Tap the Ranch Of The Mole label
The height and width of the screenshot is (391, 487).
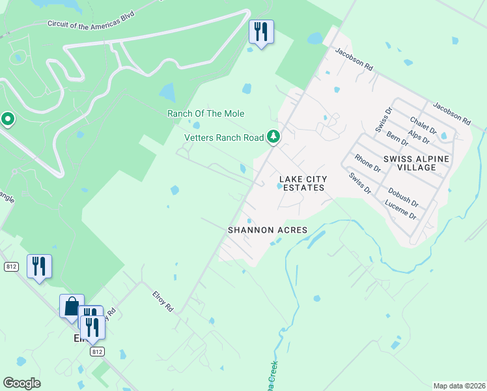(x=206, y=113)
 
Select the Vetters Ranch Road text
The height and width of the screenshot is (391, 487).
(x=224, y=137)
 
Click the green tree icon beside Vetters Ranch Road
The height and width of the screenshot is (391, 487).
(x=274, y=136)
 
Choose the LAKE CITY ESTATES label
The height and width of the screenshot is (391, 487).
(x=301, y=183)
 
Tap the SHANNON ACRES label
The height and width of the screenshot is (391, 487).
(x=267, y=230)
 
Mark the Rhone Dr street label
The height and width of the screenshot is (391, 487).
(x=367, y=163)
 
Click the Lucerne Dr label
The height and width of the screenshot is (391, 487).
(x=400, y=209)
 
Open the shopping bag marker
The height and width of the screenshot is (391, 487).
(x=71, y=305)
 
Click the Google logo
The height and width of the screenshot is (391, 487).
(x=21, y=383)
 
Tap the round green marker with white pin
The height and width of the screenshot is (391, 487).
(x=7, y=119)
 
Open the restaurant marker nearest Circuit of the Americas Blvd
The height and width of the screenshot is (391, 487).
(x=261, y=31)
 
